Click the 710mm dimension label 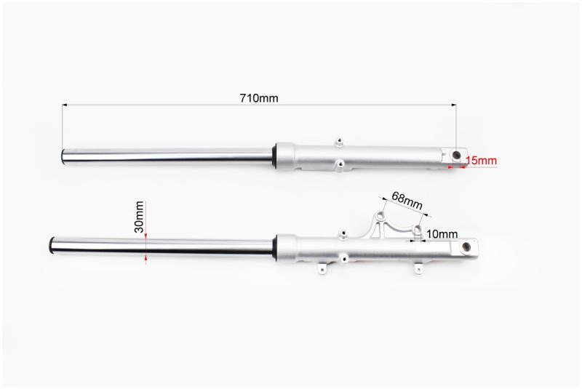tap(259, 98)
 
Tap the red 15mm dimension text tap(481, 161)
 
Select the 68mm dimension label tap(407, 200)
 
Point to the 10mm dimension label tap(442, 234)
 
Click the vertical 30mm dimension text tap(139, 217)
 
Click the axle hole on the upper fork tap(456, 155)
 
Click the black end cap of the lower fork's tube tap(52, 246)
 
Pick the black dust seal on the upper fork tap(274, 156)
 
